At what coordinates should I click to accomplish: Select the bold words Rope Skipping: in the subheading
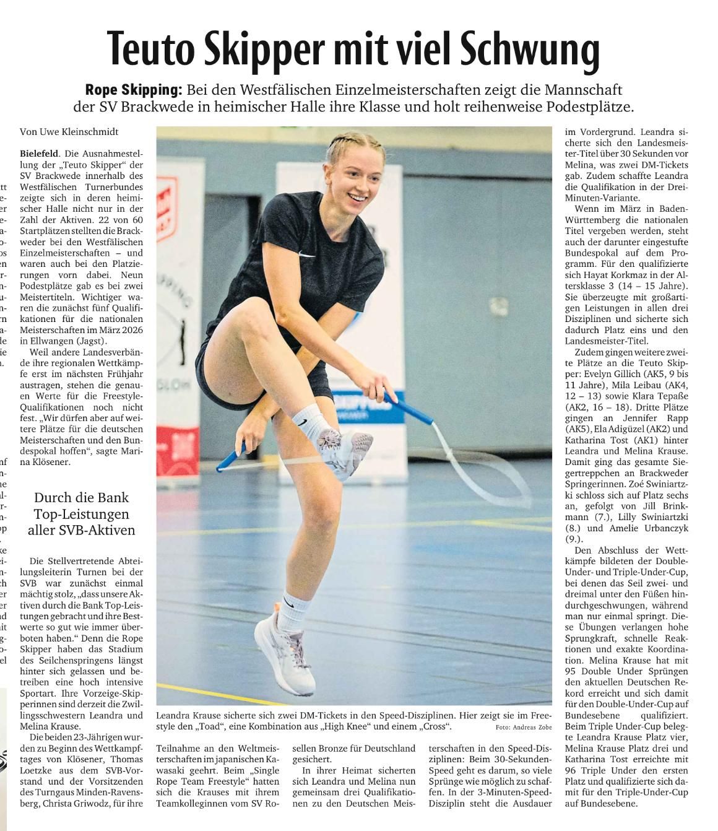click(x=134, y=90)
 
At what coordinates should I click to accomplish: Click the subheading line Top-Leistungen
click(x=81, y=514)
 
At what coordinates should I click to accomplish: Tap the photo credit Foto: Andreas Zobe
click(x=524, y=728)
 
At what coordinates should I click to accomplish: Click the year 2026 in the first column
click(x=131, y=329)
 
